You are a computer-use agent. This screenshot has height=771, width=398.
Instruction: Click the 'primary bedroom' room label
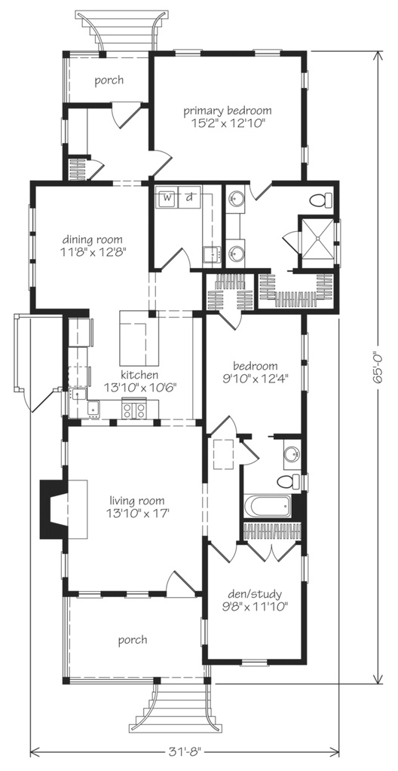pos(228,111)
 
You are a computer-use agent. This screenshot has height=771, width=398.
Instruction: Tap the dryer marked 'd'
pos(190,197)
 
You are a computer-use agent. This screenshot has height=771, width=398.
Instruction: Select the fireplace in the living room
pos(55,510)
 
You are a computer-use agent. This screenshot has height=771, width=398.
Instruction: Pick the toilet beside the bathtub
pos(287,482)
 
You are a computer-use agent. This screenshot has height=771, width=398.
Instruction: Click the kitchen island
pos(139,339)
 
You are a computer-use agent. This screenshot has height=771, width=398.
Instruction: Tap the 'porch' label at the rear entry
pos(109,81)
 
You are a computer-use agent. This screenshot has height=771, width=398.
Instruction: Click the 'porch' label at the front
pos(132,640)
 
